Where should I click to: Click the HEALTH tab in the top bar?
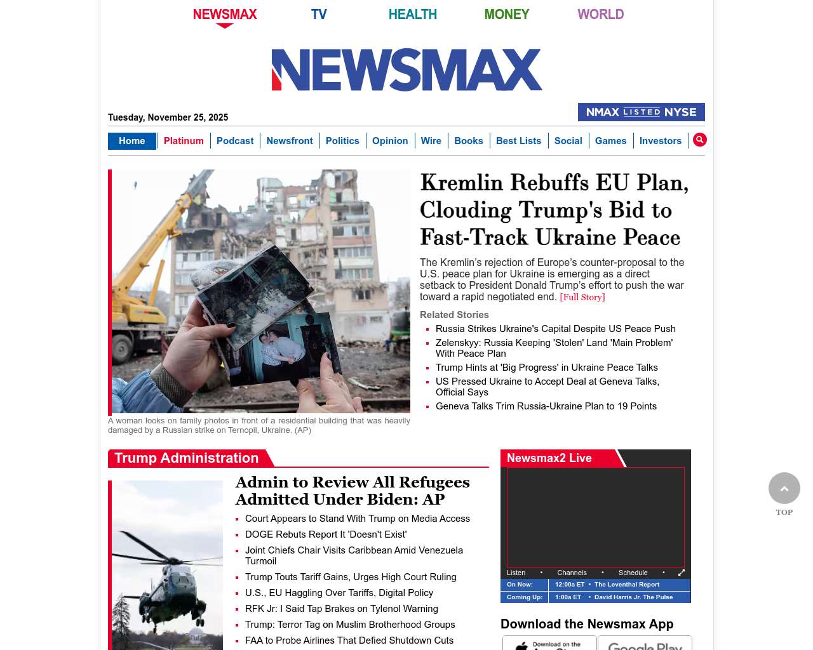pyautogui.click(x=412, y=14)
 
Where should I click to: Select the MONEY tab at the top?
pyautogui.click(x=506, y=14)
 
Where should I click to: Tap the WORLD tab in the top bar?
pyautogui.click(x=600, y=14)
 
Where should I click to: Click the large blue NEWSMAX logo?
pyautogui.click(x=406, y=70)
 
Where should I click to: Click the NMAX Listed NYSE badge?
pyautogui.click(x=641, y=112)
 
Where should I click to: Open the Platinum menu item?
pyautogui.click(x=184, y=141)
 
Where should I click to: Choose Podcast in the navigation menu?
pyautogui.click(x=235, y=141)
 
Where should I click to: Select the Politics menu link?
pyautogui.click(x=342, y=141)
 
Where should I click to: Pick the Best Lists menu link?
pyautogui.click(x=518, y=141)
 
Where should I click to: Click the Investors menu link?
pyautogui.click(x=660, y=141)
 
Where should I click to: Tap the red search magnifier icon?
pyautogui.click(x=699, y=140)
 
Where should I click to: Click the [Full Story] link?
pyautogui.click(x=582, y=297)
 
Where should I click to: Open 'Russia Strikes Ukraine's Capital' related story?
pyautogui.click(x=555, y=329)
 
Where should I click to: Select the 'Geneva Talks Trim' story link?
pyautogui.click(x=546, y=406)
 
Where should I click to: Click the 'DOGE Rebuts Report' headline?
pyautogui.click(x=325, y=534)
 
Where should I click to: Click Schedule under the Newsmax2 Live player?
pyautogui.click(x=633, y=573)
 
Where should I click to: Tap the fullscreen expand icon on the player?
pyautogui.click(x=682, y=573)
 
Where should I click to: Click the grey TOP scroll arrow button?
pyautogui.click(x=784, y=488)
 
